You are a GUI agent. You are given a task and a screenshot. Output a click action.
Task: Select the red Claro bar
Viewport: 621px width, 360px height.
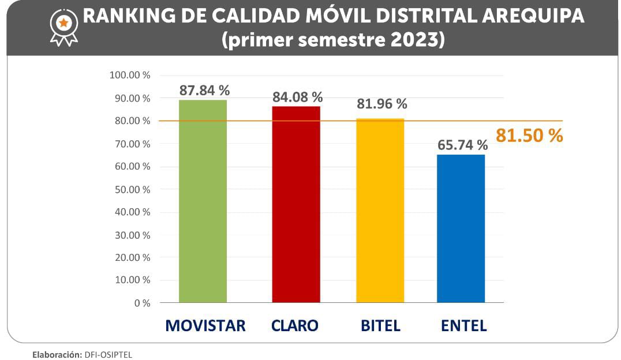pos(296,204)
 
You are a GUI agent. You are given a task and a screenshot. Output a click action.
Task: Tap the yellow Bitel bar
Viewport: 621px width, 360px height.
pos(380,211)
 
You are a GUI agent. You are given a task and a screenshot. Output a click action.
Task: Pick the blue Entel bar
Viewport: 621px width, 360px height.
pos(461,228)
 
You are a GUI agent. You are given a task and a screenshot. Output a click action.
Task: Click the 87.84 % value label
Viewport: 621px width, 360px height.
pos(204,91)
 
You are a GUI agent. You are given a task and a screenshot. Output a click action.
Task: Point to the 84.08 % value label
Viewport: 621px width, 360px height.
pos(297,97)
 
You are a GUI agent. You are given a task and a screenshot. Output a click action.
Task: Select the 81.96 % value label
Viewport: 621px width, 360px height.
pos(381,104)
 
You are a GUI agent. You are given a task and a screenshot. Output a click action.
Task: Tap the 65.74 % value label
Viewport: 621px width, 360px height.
pos(462,145)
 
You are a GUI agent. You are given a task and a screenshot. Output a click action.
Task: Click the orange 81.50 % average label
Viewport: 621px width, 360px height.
pos(529,136)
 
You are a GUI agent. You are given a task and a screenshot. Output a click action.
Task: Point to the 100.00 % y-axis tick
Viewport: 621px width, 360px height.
pos(129,75)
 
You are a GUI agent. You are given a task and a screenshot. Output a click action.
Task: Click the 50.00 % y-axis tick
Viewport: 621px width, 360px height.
pos(129,189)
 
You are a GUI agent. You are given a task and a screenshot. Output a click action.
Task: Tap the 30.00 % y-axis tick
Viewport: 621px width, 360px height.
pos(129,235)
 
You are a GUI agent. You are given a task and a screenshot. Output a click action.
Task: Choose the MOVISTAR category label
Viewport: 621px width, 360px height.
pos(205,325)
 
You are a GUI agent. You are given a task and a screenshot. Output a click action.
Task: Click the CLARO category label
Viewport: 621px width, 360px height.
pos(294,325)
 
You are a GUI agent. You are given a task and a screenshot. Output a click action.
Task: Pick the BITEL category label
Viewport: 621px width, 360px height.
pos(380,325)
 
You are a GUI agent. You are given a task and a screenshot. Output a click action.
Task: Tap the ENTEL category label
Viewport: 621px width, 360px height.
pos(463,325)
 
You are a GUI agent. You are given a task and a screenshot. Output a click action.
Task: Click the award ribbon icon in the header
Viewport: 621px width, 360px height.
pos(63,27)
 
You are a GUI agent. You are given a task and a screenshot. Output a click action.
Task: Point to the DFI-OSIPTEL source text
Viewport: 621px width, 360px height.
pos(108,355)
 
